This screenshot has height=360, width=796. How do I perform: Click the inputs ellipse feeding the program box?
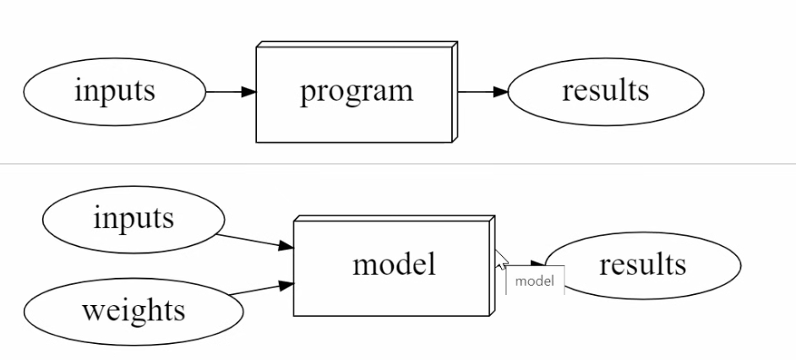114,91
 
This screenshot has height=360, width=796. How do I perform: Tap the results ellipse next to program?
605,91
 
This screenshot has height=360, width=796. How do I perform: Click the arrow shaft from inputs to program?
224,91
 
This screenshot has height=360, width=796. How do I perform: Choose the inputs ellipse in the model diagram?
134,220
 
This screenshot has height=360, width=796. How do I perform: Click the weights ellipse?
134,311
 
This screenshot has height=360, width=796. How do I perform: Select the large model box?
393,266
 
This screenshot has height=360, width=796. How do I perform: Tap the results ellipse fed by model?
642,265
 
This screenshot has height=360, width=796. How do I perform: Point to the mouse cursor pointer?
501,259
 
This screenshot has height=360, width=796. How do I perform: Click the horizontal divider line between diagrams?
397,163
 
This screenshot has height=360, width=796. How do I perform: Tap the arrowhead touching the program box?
248,91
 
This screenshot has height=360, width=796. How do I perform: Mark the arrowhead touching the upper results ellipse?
499,91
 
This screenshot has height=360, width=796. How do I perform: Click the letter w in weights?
91,311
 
